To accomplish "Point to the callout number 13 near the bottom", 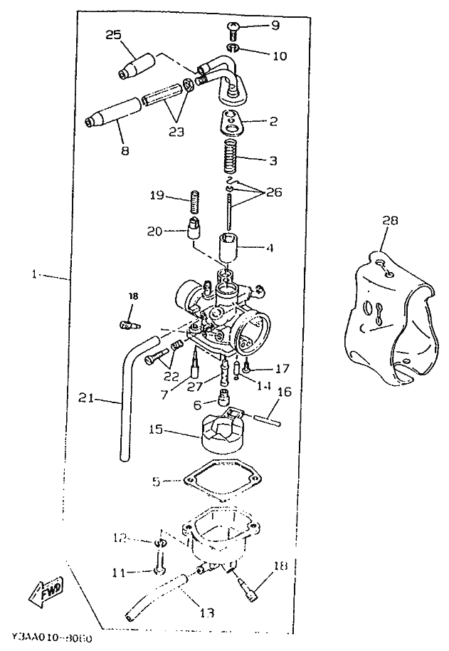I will (x=207, y=613).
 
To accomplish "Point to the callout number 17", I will (x=282, y=368).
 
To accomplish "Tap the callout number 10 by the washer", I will (x=279, y=56).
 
